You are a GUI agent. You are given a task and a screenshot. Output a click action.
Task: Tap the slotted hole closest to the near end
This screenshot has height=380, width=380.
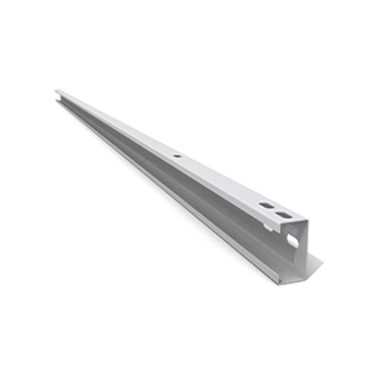(283, 216)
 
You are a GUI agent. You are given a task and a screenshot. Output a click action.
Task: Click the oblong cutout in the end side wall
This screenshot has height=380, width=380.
(293, 240)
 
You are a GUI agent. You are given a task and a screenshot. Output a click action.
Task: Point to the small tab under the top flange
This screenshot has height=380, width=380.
(269, 226)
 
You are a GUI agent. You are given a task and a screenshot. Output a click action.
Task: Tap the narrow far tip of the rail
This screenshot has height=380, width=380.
(58, 92)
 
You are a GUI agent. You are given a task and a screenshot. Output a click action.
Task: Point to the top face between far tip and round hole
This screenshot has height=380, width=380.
(118, 124)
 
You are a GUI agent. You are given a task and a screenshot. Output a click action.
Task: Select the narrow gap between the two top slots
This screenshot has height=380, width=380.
(275, 211)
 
